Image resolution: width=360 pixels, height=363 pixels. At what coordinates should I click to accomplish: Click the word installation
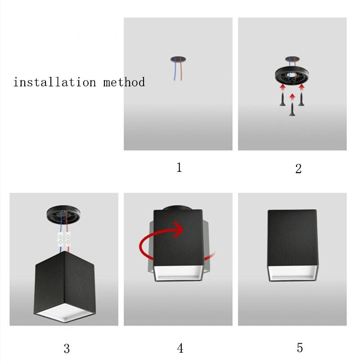54,82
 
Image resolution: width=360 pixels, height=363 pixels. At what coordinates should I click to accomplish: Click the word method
124,82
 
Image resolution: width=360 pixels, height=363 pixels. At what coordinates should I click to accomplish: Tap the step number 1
179,168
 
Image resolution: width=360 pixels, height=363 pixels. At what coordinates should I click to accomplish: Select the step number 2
298,169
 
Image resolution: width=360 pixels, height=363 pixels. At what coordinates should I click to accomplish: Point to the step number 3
67,348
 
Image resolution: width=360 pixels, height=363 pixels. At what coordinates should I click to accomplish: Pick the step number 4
180,348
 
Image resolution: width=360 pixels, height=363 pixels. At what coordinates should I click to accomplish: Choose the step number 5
300,348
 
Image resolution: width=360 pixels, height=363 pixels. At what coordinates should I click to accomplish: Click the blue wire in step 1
175,71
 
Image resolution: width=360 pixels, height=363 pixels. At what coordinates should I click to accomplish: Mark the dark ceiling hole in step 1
178,59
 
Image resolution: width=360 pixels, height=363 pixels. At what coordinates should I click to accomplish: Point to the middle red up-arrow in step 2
292,96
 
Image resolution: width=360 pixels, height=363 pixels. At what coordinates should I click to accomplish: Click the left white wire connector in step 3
59,238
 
